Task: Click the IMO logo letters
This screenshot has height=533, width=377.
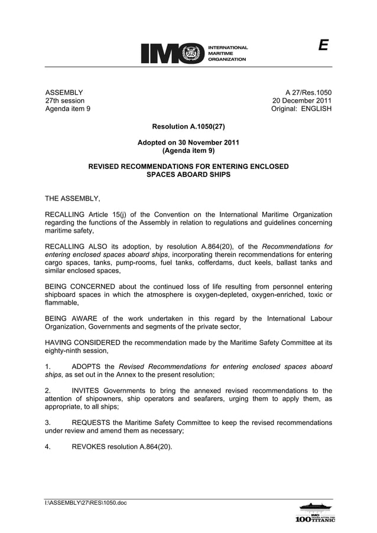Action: click(x=172, y=53)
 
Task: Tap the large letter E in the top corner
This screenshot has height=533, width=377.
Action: click(x=323, y=46)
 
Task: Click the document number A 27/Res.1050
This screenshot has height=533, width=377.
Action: click(x=308, y=92)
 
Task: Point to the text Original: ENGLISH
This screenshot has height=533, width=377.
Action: click(x=301, y=109)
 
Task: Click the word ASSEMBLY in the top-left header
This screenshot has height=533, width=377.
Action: click(x=64, y=92)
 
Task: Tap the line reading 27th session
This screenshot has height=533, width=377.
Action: click(x=65, y=100)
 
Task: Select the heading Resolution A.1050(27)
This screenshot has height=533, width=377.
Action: click(x=188, y=126)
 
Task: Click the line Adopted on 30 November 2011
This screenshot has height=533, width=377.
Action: click(x=188, y=142)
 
